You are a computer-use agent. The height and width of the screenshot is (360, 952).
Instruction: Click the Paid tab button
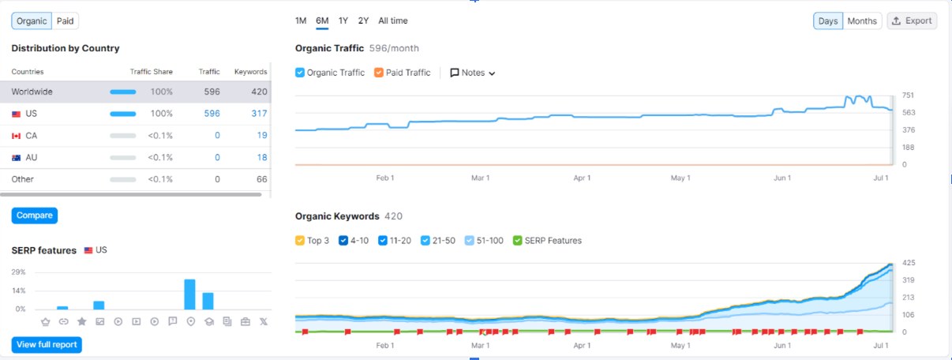tap(65, 21)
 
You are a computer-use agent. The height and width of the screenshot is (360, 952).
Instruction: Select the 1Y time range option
tap(343, 21)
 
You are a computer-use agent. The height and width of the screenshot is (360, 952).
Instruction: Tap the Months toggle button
tap(862, 21)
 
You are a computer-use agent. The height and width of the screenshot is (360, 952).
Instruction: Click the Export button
tap(912, 21)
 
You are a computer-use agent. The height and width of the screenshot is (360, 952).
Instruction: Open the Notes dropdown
tap(473, 73)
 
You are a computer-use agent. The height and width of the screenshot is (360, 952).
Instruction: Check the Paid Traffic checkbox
tap(379, 73)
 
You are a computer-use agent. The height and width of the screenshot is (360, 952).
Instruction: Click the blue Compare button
tap(35, 216)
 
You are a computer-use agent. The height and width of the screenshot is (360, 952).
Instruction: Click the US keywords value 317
tap(259, 114)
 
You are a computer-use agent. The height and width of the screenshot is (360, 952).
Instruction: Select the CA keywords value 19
tap(262, 135)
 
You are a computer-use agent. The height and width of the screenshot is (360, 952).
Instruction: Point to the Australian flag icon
tap(16, 158)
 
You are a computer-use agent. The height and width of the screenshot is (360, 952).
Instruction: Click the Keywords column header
tap(251, 72)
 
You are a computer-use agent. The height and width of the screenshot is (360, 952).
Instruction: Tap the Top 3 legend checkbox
tap(300, 241)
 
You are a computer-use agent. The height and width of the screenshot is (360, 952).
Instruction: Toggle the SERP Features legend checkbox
tap(517, 241)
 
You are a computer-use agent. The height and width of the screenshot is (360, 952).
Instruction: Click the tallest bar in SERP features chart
tap(189, 294)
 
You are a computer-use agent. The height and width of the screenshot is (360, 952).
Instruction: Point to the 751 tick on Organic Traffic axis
tap(908, 96)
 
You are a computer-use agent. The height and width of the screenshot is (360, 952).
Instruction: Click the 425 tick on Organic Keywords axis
tap(909, 263)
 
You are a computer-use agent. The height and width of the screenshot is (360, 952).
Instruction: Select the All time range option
tap(392, 21)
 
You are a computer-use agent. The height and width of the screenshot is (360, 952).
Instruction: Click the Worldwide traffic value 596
tap(212, 92)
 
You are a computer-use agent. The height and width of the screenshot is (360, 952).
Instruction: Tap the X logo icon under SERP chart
tap(264, 322)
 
